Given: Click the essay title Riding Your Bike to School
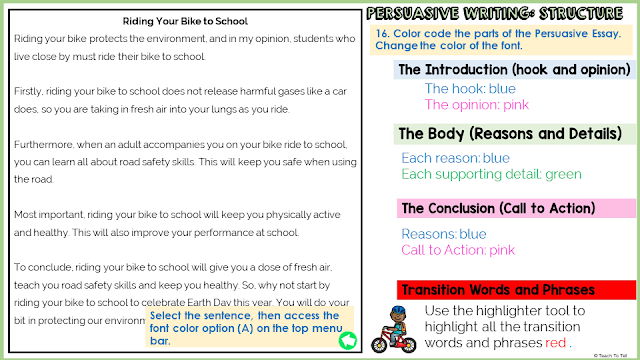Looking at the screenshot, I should click(185, 20).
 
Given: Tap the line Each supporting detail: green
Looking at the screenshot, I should click(491, 174).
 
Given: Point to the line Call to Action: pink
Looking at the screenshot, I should click(458, 250).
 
